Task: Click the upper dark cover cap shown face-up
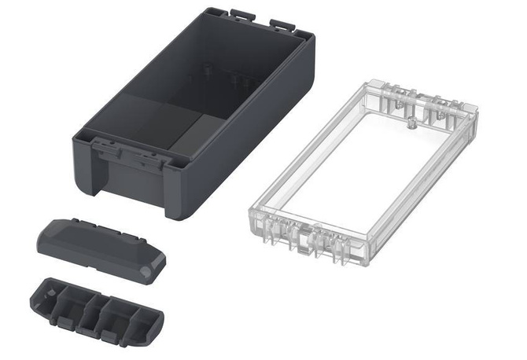(98, 245)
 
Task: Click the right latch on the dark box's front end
(152, 157)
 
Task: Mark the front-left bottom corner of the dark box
(81, 182)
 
